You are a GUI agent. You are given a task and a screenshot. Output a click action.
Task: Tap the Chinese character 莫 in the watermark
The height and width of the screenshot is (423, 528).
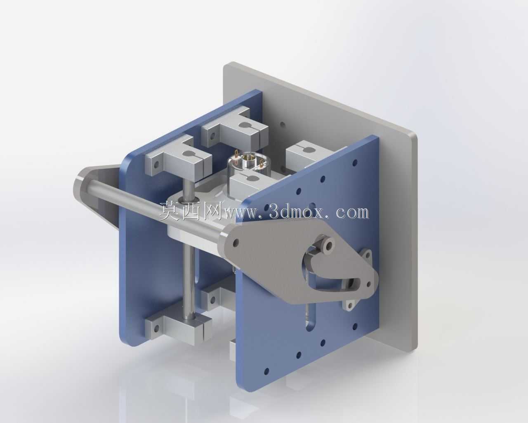(169, 212)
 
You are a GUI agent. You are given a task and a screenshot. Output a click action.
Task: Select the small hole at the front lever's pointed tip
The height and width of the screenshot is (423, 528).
(368, 284)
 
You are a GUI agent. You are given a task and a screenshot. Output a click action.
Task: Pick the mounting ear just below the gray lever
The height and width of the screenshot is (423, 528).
(349, 305)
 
